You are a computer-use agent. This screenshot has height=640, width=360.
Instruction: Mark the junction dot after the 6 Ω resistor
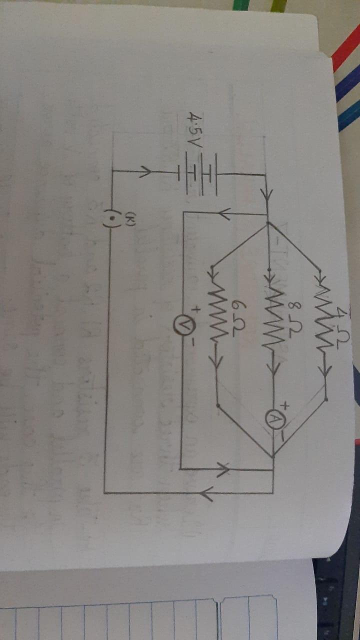point(217,393)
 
